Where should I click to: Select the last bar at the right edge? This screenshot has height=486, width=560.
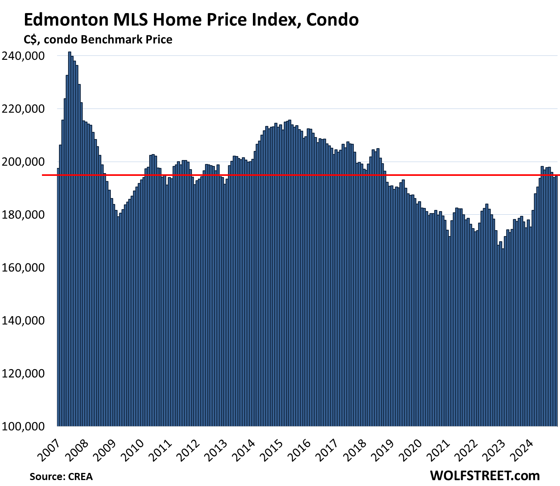pos(556,301)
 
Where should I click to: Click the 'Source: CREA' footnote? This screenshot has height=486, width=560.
pos(61,476)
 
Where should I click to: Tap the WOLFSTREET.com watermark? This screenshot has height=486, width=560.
pos(484,475)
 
